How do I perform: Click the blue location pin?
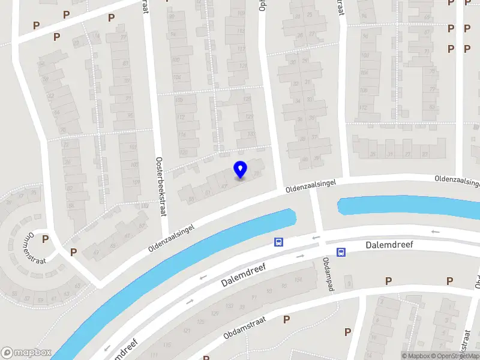point(240,170)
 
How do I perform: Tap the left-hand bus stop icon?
point(278,242)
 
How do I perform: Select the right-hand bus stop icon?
point(341,253)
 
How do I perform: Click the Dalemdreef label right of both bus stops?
point(389,245)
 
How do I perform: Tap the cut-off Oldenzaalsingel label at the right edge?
point(458,179)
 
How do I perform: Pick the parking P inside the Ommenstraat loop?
point(45,239)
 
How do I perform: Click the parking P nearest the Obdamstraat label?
point(286,319)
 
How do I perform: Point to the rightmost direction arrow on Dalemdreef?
point(435,232)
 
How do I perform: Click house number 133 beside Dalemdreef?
point(229,306)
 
